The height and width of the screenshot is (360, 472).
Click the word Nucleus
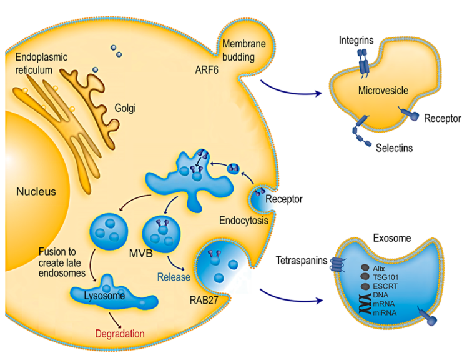point(36,192)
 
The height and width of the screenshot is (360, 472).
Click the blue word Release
point(173,275)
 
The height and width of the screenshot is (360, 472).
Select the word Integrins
point(356,40)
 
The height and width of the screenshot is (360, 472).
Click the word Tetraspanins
point(303,261)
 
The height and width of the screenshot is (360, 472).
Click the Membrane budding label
point(242,50)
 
